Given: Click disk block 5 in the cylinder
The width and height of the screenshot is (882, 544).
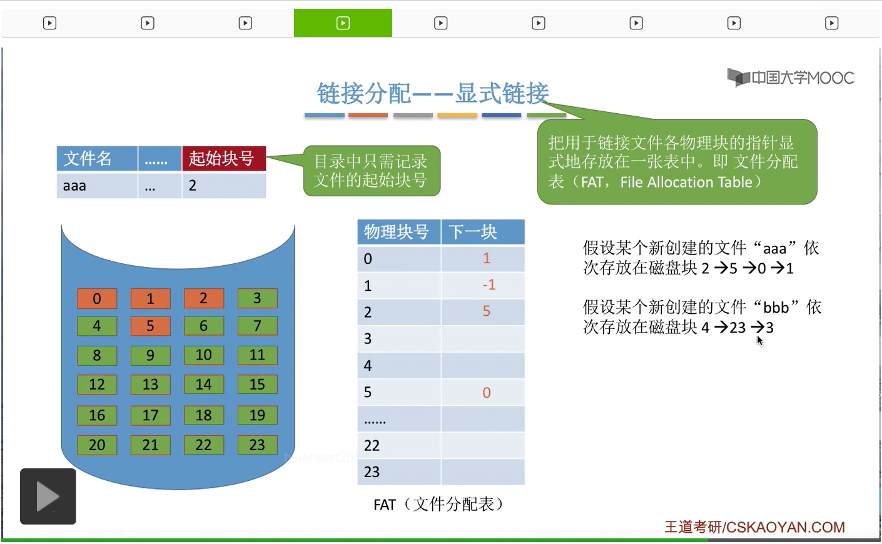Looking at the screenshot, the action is tap(150, 326).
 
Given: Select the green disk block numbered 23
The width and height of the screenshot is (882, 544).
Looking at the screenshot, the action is tap(257, 445).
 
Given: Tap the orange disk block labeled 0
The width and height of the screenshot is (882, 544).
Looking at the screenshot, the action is tap(97, 298).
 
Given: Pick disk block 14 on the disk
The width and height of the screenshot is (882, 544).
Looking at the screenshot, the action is tap(204, 384).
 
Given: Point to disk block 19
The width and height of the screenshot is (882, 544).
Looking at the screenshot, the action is tap(257, 415).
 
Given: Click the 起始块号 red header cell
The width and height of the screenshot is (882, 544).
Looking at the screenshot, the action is tap(224, 158).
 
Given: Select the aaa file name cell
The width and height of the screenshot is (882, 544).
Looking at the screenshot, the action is tap(97, 186).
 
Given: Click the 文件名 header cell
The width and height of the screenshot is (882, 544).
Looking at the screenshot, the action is tap(97, 158).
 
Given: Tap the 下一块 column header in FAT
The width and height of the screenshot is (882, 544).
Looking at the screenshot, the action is tap(483, 232).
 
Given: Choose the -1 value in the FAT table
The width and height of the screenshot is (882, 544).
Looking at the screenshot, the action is tap(489, 285).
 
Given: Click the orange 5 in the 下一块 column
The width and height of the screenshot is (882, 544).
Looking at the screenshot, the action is tap(487, 311).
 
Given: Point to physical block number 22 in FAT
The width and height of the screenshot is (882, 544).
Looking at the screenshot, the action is tap(372, 445).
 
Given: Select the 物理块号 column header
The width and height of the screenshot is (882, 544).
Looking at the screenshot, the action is tap(399, 232).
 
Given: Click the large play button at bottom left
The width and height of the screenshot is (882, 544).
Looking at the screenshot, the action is tap(48, 496).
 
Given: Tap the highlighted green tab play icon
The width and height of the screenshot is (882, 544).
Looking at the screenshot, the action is tap(343, 23).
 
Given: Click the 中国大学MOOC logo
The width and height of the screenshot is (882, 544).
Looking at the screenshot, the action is tap(791, 77).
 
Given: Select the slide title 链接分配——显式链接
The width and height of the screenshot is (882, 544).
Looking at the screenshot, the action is tap(433, 93).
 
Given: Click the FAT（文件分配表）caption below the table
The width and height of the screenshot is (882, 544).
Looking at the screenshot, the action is tap(439, 504).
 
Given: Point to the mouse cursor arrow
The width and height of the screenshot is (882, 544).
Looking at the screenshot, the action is tap(760, 341).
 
